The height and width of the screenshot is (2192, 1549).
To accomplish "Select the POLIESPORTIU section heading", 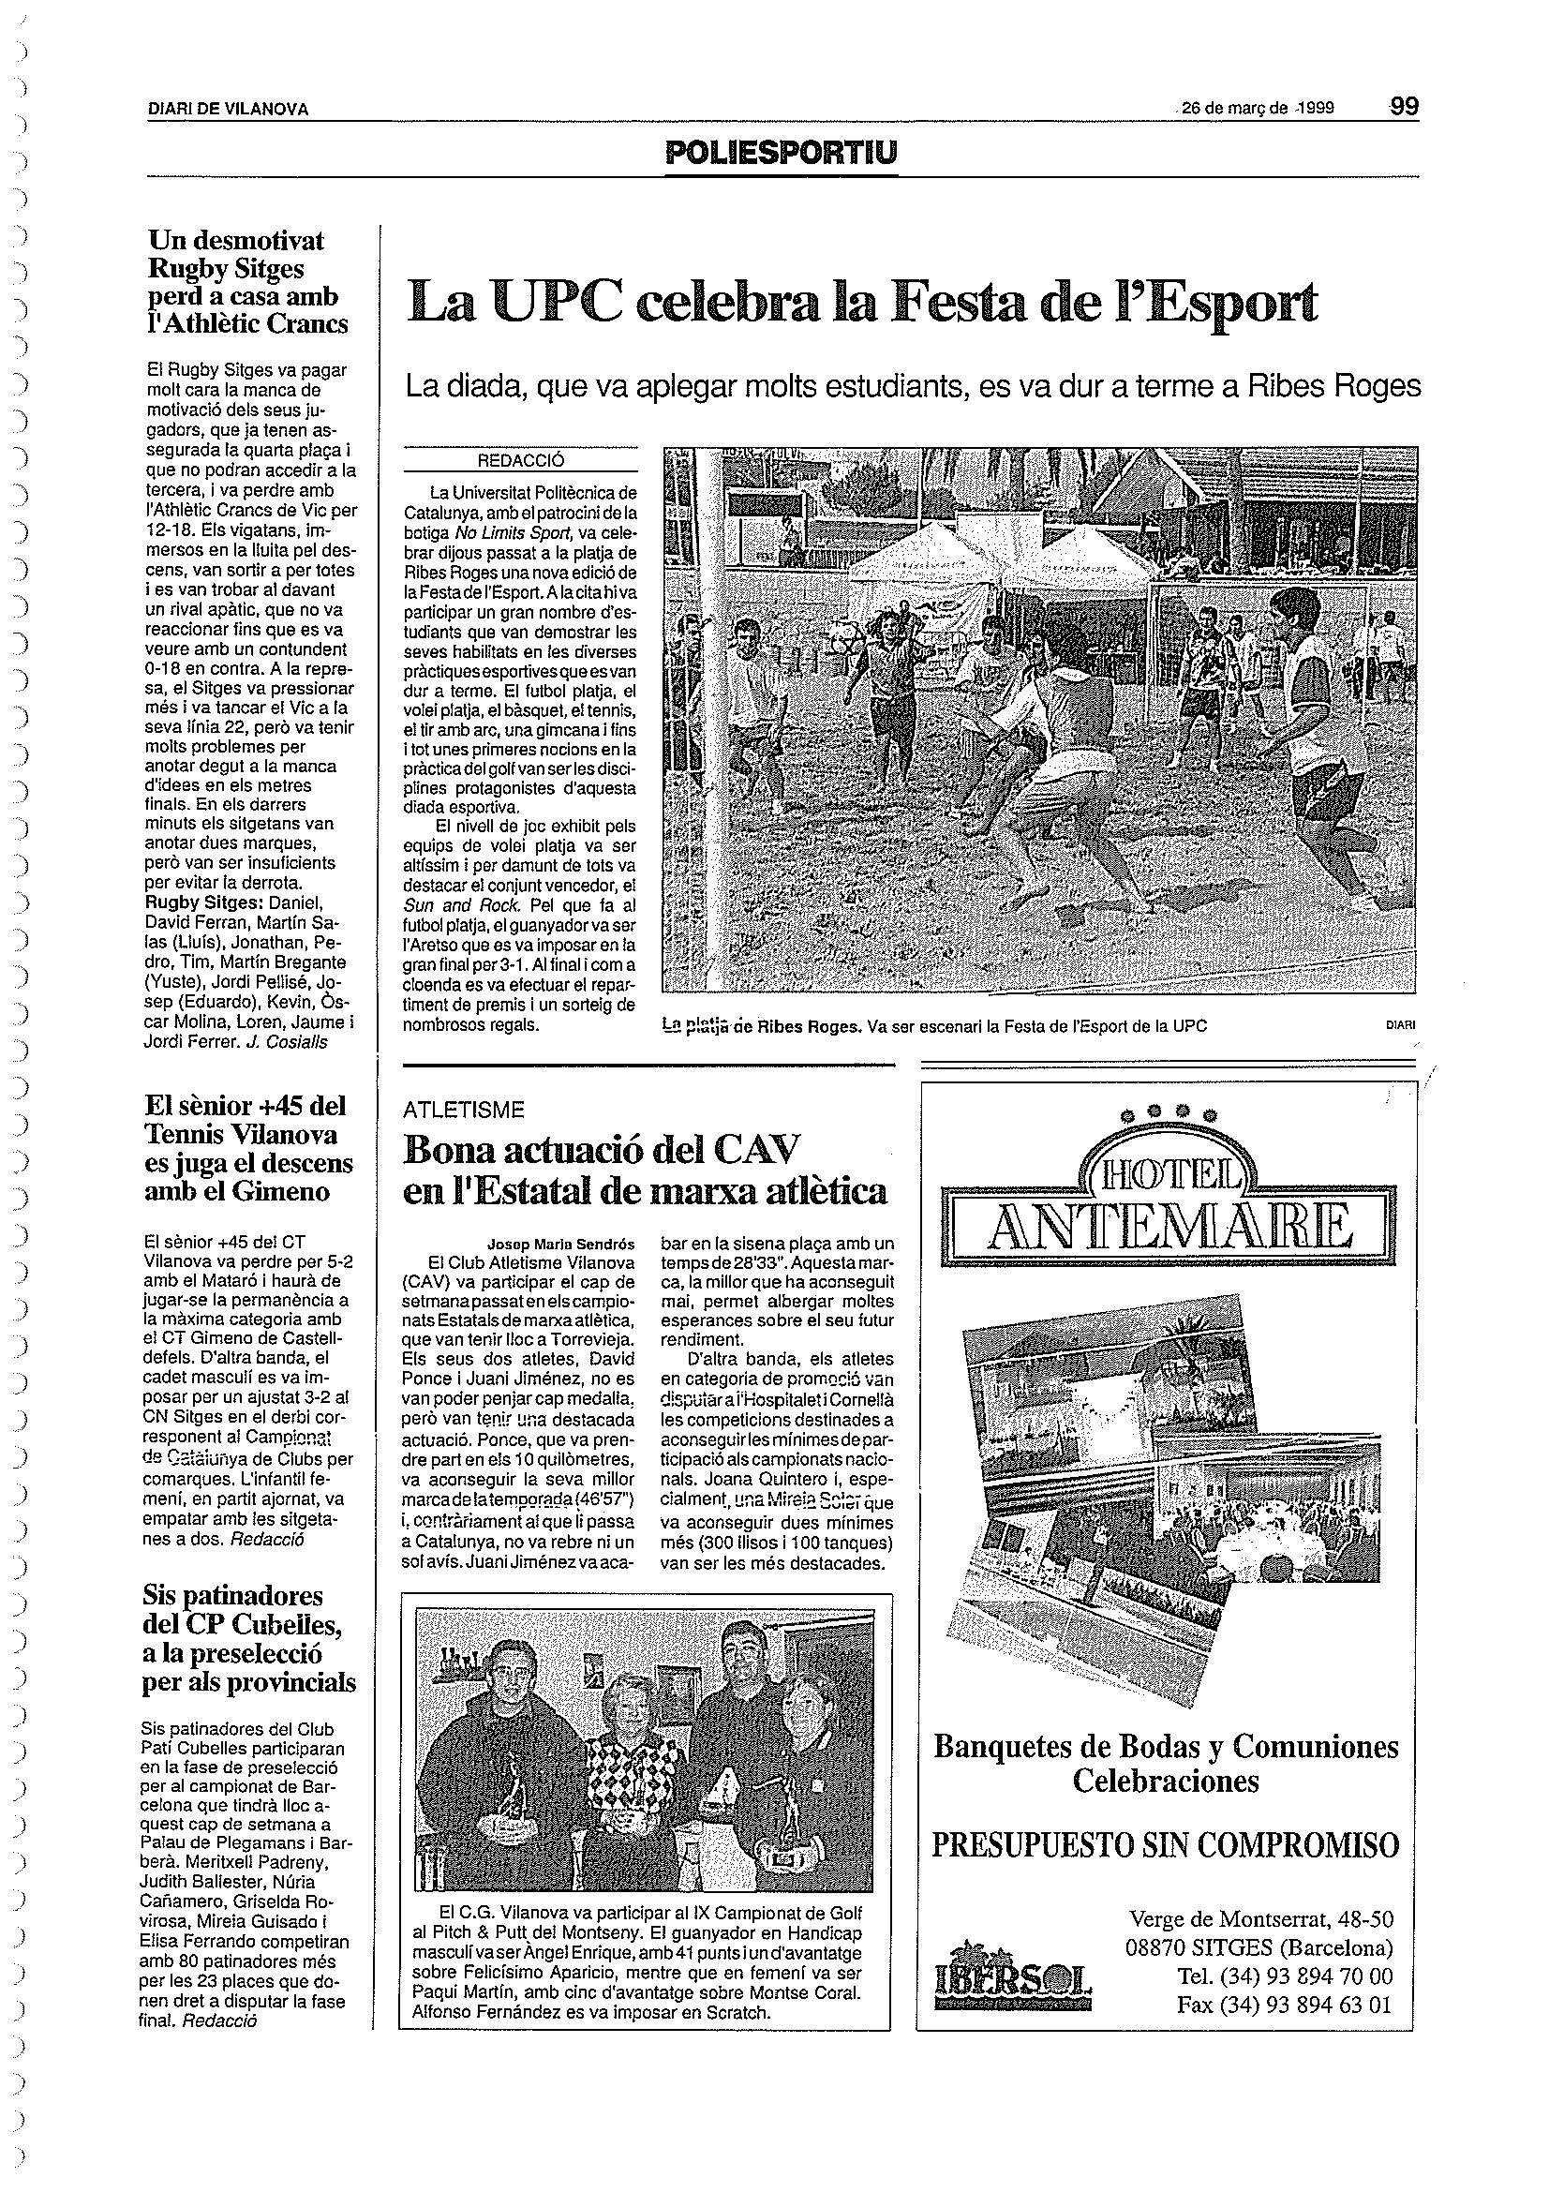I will coord(782,153).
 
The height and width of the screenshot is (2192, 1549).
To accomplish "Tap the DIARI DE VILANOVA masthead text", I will coord(228,110).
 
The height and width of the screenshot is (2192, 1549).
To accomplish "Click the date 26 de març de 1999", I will coord(1257,108).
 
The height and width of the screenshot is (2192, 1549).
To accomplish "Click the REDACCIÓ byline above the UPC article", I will coord(520,460).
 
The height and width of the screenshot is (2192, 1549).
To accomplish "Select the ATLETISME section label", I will coord(463,1110).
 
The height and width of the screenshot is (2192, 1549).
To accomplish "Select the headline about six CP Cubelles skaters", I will coord(248,1638).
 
